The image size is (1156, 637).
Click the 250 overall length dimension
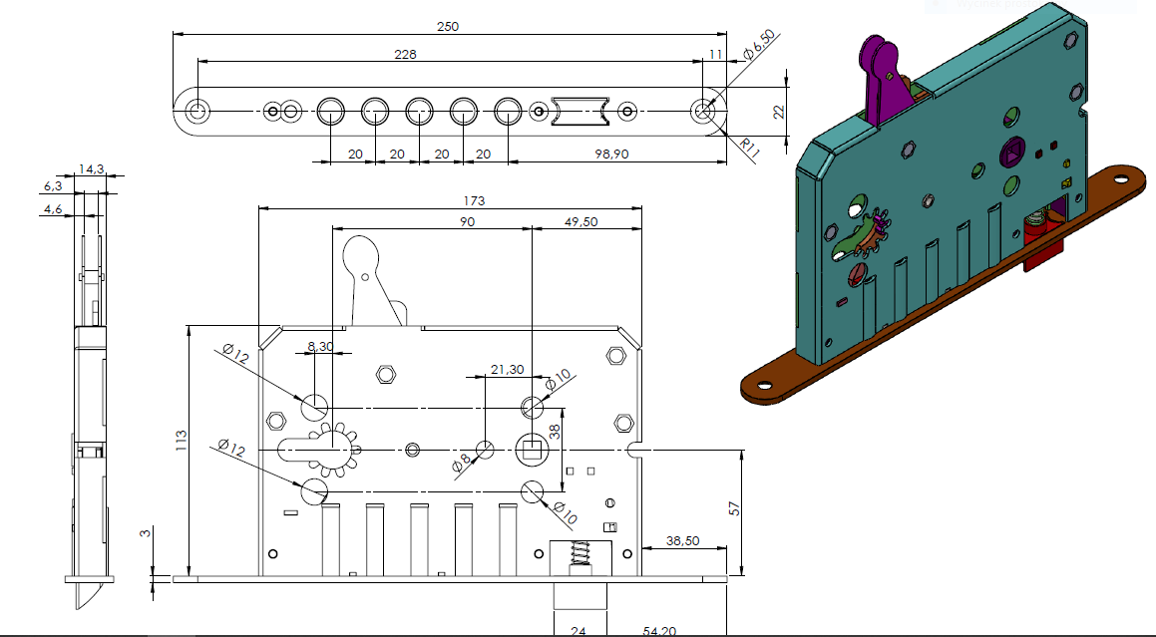coord(448,27)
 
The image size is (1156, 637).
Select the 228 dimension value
coord(405,54)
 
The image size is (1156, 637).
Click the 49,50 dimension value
coord(578,221)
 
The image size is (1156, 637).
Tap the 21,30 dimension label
coord(507,370)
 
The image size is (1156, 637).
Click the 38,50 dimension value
coord(683,539)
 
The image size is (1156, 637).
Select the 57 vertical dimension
coord(735,508)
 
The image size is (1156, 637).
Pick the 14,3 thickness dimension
coord(94,169)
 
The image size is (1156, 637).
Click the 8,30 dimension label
coord(320,346)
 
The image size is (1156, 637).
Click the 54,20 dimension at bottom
coord(660,631)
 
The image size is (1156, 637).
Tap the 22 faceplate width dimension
coord(779,112)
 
